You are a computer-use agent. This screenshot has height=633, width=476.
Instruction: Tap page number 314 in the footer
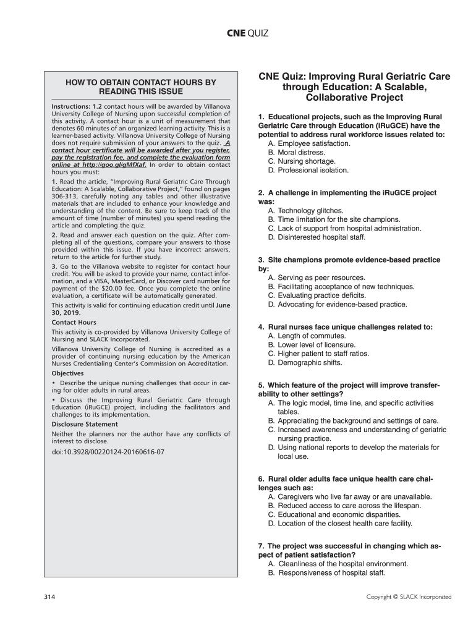point(50,597)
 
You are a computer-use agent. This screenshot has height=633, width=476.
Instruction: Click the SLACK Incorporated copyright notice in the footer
point(409,597)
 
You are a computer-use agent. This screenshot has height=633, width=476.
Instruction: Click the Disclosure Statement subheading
point(85,425)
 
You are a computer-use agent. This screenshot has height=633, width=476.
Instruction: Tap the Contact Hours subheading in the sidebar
point(74,323)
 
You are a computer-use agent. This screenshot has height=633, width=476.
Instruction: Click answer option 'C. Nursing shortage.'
point(302,161)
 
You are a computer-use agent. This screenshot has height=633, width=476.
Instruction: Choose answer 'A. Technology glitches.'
point(305,211)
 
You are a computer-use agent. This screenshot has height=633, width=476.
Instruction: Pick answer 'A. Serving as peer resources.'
point(316,278)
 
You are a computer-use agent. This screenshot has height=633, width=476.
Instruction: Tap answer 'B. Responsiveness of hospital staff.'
point(326,573)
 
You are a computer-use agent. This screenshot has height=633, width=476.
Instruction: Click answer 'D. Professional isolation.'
point(308,170)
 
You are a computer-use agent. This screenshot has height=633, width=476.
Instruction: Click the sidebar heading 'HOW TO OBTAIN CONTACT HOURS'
point(141,87)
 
